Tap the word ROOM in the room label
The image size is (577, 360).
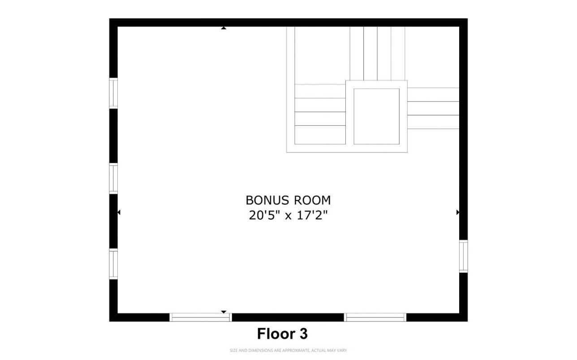(x=312, y=200)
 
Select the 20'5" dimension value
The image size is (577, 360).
(x=264, y=215)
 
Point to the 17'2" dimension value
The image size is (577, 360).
(x=312, y=215)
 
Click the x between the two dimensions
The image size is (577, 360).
(x=288, y=216)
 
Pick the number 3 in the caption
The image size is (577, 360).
(x=303, y=334)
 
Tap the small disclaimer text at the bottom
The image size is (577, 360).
(x=288, y=351)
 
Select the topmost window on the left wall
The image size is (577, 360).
(x=114, y=94)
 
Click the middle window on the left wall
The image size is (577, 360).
(x=114, y=179)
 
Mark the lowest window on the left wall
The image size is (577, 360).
(x=114, y=264)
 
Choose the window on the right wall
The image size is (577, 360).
(x=464, y=256)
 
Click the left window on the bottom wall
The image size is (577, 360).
(x=200, y=317)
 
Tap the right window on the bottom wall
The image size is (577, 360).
(x=375, y=317)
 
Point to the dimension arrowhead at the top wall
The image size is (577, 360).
(x=224, y=28)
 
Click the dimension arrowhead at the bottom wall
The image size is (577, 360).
(x=224, y=312)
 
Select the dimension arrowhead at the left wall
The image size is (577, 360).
(x=119, y=212)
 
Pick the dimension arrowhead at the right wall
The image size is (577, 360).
(x=458, y=212)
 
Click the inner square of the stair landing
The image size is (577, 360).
(x=376, y=116)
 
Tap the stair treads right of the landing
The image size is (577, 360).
(x=433, y=108)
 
